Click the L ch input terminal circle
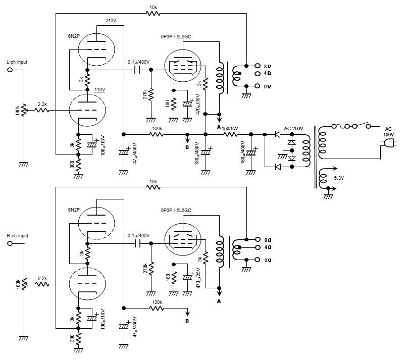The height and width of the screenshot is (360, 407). [x=10, y=70]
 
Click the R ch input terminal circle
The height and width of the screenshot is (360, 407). [x=10, y=243]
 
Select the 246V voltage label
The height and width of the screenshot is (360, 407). [x=111, y=21]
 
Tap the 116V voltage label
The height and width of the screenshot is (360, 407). [x=99, y=90]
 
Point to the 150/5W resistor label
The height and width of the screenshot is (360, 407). [x=230, y=128]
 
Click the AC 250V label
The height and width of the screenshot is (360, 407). [x=293, y=128]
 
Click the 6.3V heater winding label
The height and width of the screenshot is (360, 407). [x=339, y=178]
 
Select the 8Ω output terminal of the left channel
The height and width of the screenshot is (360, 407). [x=257, y=66]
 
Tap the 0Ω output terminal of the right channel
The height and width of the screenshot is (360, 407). [x=257, y=260]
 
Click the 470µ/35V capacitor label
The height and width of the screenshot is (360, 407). [x=198, y=105]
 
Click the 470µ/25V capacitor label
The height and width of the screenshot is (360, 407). [x=198, y=278]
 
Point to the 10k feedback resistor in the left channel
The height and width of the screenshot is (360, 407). [x=153, y=13]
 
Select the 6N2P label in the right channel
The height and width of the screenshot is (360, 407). [x=74, y=210]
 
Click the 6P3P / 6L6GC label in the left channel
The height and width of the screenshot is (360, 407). [x=176, y=36]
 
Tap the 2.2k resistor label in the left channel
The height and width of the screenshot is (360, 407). [x=42, y=105]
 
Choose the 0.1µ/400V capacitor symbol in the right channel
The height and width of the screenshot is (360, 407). [x=137, y=243]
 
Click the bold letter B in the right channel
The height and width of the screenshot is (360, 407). [x=187, y=321]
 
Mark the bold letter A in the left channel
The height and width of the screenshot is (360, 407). [x=219, y=127]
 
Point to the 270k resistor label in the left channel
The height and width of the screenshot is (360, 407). [x=145, y=94]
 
